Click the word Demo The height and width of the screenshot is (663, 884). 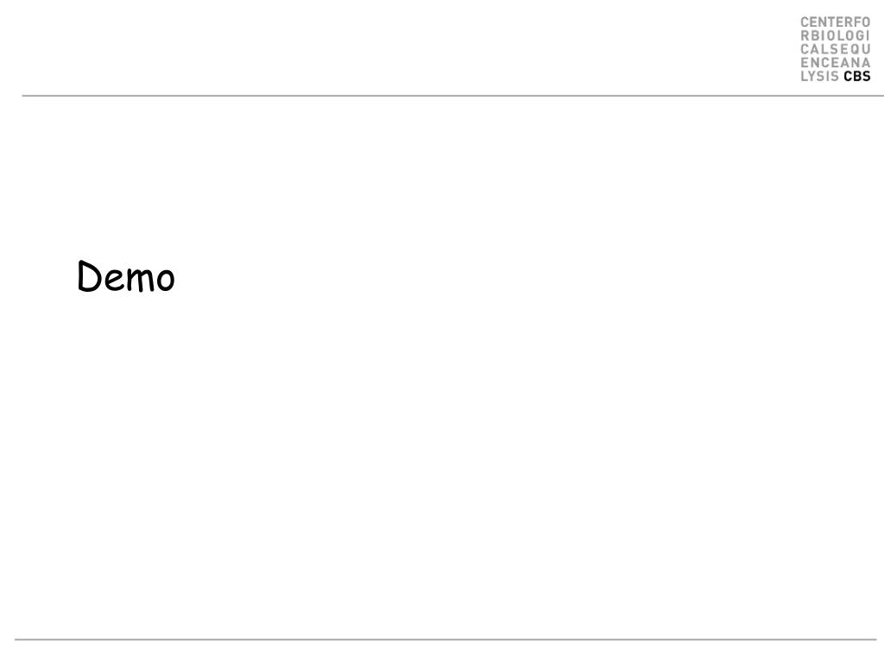[126, 278]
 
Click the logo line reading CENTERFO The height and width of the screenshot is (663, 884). [835, 22]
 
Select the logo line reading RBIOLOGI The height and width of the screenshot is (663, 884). [835, 35]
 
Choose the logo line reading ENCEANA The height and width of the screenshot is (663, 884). [835, 62]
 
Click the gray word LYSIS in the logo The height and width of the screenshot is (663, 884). [820, 76]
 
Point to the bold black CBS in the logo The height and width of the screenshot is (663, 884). [857, 76]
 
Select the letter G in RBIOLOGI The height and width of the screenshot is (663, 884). [858, 35]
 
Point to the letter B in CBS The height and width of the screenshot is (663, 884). [857, 76]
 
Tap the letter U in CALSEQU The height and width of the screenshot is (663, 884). [865, 49]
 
